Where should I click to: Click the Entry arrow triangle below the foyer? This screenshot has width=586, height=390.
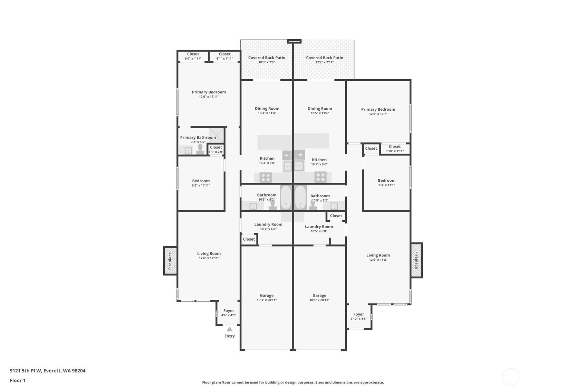(x=230, y=329)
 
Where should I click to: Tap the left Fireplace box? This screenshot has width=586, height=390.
(x=170, y=261)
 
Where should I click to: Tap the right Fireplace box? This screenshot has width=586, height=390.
(x=417, y=260)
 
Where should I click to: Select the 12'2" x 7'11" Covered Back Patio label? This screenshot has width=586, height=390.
(x=324, y=60)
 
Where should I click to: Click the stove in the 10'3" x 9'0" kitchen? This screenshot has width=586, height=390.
(x=266, y=178)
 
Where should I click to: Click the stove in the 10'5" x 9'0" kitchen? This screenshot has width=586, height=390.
(x=320, y=177)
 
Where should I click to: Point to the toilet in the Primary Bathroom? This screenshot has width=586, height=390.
(x=200, y=149)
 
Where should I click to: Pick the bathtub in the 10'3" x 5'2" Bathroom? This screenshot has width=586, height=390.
(x=286, y=198)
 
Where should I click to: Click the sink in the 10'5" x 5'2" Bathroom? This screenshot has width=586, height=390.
(x=334, y=206)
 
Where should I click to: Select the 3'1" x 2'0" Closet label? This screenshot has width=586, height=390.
(x=216, y=149)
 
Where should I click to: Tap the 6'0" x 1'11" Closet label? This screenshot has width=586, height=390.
(x=193, y=56)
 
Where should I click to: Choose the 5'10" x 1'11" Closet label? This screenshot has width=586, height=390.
(x=395, y=148)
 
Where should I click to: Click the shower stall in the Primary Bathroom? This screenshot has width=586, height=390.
(x=216, y=135)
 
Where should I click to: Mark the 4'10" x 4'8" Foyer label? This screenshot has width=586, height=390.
(x=358, y=316)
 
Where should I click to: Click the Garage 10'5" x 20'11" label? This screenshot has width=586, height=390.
(x=319, y=297)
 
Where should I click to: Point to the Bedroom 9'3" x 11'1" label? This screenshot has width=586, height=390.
(x=386, y=182)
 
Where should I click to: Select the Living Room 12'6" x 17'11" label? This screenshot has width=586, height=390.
(x=209, y=255)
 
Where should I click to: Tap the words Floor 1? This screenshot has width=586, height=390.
(x=18, y=380)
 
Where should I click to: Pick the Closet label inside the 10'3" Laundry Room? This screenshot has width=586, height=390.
(x=249, y=239)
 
